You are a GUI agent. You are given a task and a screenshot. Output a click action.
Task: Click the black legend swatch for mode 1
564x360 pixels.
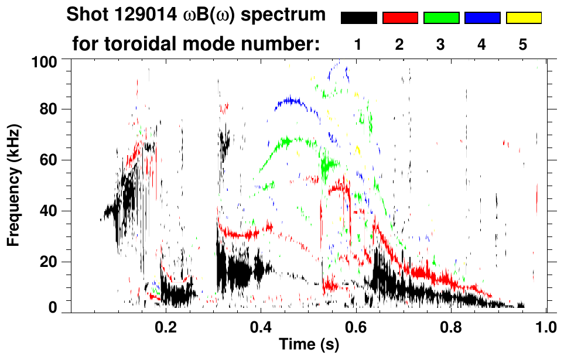[x=358, y=18]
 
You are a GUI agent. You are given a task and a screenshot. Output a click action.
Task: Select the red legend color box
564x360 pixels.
[x=400, y=18]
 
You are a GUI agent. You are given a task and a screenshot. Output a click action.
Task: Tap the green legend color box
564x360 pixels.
[x=441, y=18]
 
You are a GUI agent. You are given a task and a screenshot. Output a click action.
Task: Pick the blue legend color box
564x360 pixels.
[x=482, y=18]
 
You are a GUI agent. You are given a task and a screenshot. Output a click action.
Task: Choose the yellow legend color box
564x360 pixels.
[x=524, y=18]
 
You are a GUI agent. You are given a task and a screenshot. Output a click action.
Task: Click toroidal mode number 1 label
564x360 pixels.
[x=357, y=45]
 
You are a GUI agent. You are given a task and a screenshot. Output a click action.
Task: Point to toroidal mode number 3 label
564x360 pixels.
[x=441, y=45]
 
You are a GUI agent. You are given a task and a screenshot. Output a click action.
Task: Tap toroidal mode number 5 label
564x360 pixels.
[x=523, y=45]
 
